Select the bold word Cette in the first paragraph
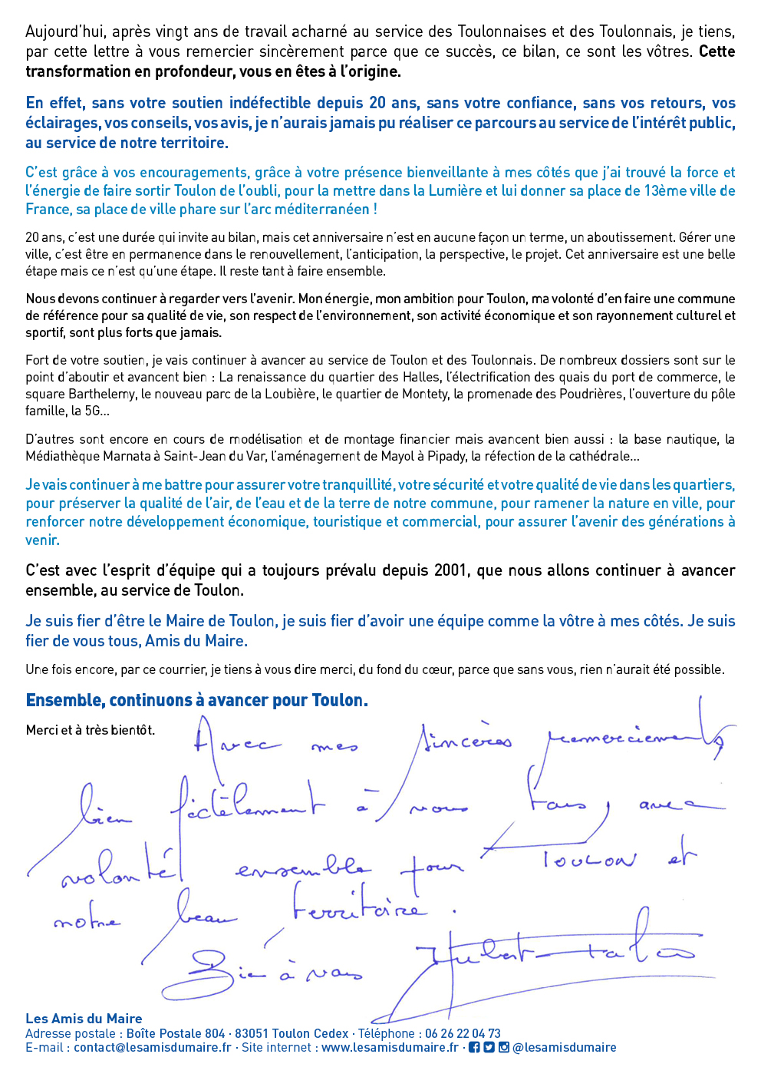click(x=717, y=52)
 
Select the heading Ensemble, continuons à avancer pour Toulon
click(x=196, y=700)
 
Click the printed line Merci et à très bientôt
click(x=90, y=730)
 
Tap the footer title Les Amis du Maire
click(x=84, y=1019)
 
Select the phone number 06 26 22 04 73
click(x=463, y=1034)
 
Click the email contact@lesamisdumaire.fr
click(x=152, y=1048)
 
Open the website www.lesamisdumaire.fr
click(x=390, y=1048)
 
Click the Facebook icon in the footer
click(x=474, y=1048)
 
